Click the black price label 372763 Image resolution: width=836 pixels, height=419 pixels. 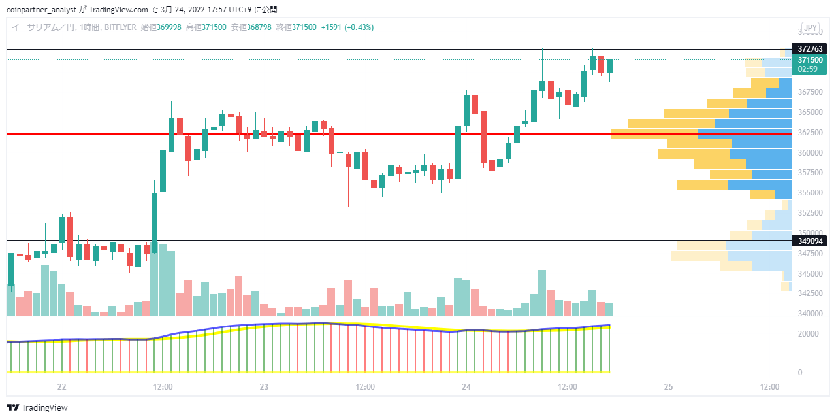809,49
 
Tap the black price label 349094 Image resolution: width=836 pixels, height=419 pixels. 809,241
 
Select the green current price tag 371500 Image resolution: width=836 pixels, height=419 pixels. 809,64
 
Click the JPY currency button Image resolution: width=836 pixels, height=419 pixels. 811,27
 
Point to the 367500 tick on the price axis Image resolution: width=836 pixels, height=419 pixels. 810,92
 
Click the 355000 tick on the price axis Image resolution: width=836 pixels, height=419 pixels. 810,193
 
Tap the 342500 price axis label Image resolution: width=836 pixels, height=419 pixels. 810,293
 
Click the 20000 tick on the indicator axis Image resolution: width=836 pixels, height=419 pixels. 808,334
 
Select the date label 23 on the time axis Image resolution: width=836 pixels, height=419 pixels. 264,387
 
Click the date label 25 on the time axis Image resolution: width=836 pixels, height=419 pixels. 668,387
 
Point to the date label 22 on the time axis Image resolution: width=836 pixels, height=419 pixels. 61,387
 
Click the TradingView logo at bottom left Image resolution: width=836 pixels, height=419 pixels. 37,407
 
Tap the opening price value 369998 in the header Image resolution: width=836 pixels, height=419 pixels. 169,27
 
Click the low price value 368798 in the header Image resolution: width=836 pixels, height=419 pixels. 259,27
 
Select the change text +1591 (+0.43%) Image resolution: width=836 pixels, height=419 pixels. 347,27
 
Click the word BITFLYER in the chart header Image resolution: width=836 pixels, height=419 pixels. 120,27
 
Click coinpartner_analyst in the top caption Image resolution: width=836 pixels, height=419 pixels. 41,10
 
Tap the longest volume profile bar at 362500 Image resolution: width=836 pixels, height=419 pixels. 701,134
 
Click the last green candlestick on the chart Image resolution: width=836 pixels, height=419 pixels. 609,66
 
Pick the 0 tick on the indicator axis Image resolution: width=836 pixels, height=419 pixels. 800,373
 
